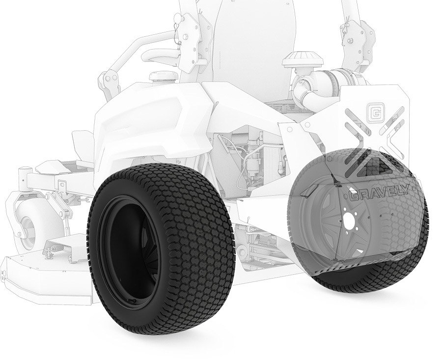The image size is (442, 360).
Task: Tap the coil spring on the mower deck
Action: coord(57,249)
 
